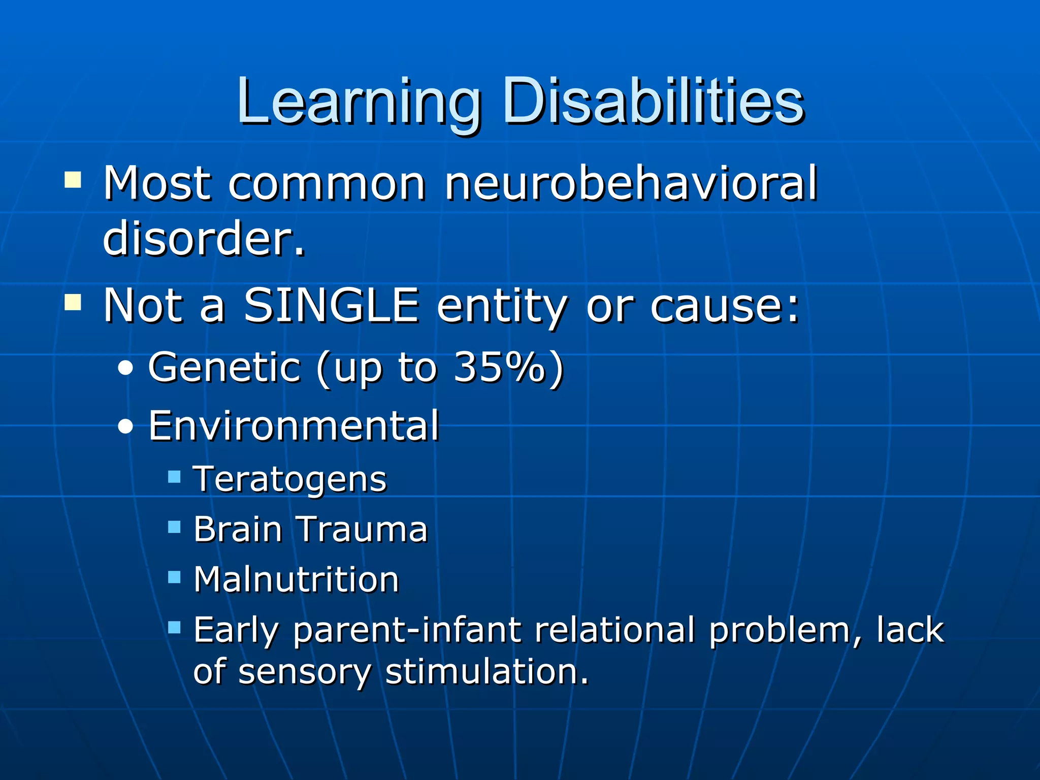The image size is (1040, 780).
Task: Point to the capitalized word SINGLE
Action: tap(331, 306)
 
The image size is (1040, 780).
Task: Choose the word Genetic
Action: tap(224, 367)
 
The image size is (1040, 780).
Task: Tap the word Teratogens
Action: tap(290, 479)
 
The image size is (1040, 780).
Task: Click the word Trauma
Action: tap(362, 529)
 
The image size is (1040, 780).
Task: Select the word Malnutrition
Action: tap(296, 579)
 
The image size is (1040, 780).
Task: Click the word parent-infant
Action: tap(407, 630)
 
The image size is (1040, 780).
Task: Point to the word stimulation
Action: tap(486, 672)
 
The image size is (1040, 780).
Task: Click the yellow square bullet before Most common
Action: tap(73, 180)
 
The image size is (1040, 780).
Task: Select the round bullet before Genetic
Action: tap(125, 369)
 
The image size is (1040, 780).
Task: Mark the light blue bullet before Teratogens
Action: tap(174, 476)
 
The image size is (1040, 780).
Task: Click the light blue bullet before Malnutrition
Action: tap(174, 577)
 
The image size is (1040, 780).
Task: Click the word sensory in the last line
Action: tap(305, 672)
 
